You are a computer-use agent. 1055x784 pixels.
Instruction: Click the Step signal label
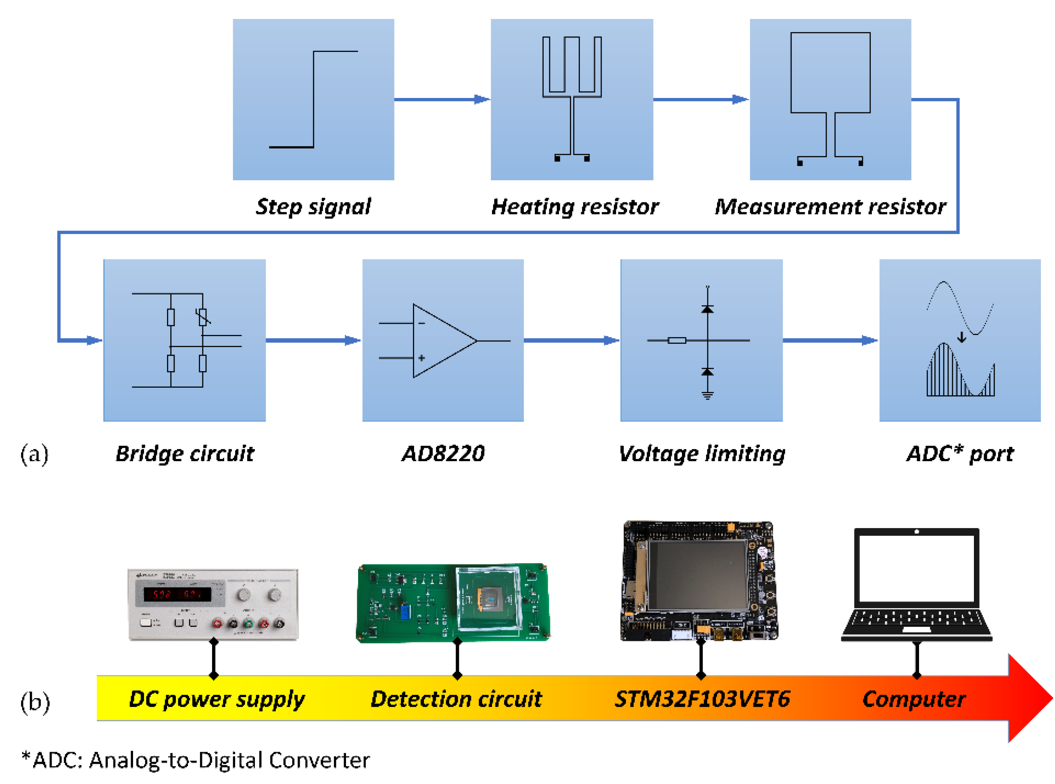coord(313,206)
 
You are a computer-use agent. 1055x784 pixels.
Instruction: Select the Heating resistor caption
coord(575,206)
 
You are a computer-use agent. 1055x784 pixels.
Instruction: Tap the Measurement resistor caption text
coord(830,206)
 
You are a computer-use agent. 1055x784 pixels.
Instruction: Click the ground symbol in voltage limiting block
coord(707,395)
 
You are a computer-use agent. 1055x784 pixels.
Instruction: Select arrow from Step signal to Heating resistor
coord(442,99)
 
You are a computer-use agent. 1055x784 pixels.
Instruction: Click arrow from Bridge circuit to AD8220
coord(313,340)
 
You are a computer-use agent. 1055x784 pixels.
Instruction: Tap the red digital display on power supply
coord(177,594)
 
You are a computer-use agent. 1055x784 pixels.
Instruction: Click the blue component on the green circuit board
coord(405,612)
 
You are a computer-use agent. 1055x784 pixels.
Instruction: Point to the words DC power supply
coord(217,699)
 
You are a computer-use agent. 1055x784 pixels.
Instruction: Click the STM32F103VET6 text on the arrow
coord(702,699)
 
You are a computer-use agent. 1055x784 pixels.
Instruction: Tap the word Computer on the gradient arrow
coord(913,699)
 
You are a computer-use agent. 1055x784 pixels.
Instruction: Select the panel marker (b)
coord(35,702)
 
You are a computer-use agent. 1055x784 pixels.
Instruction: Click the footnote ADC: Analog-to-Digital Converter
coord(196,760)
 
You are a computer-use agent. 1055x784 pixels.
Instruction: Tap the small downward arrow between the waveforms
coord(961,337)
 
